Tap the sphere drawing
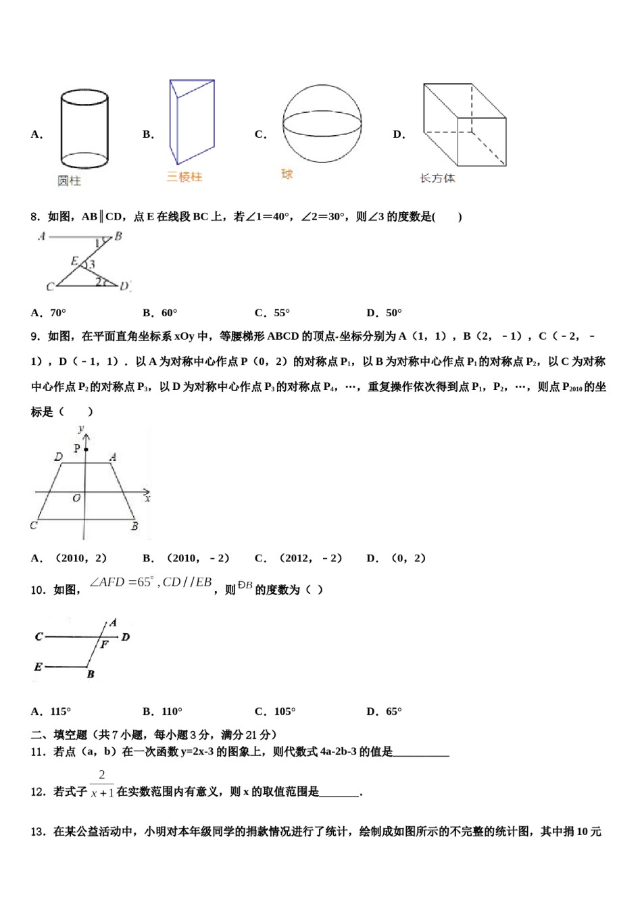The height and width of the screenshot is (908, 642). (322, 124)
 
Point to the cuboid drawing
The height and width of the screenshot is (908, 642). (464, 125)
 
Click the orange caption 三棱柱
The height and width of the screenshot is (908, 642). (184, 177)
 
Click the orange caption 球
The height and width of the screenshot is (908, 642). (287, 174)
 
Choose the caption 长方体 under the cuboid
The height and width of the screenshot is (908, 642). (437, 178)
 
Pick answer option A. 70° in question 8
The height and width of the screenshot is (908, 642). (49, 313)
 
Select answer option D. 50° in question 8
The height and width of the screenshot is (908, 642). (384, 313)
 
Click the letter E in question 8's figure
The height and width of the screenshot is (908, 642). (74, 261)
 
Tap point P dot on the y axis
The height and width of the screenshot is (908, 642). (86, 449)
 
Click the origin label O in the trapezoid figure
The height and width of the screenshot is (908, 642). (76, 498)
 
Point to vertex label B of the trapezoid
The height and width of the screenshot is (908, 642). (134, 526)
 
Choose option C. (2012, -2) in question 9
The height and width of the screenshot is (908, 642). (299, 558)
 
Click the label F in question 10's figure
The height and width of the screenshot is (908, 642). (104, 645)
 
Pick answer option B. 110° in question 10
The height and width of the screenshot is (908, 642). (163, 711)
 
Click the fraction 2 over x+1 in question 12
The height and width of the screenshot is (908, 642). (102, 784)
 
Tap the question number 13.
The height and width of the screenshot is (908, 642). (39, 832)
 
